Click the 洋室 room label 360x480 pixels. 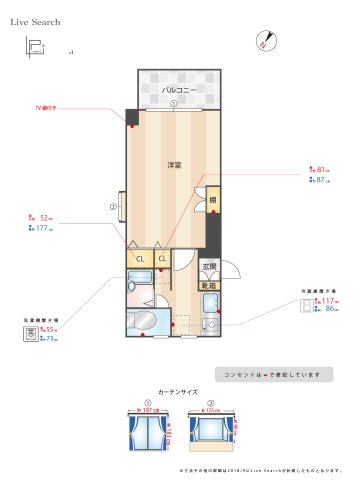(173, 165)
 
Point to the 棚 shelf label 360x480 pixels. (212, 200)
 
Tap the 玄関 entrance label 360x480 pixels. (209, 267)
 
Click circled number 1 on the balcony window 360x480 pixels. (174, 103)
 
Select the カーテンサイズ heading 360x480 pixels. (178, 392)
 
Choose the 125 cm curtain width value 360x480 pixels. (211, 410)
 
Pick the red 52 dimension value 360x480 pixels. (44, 216)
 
